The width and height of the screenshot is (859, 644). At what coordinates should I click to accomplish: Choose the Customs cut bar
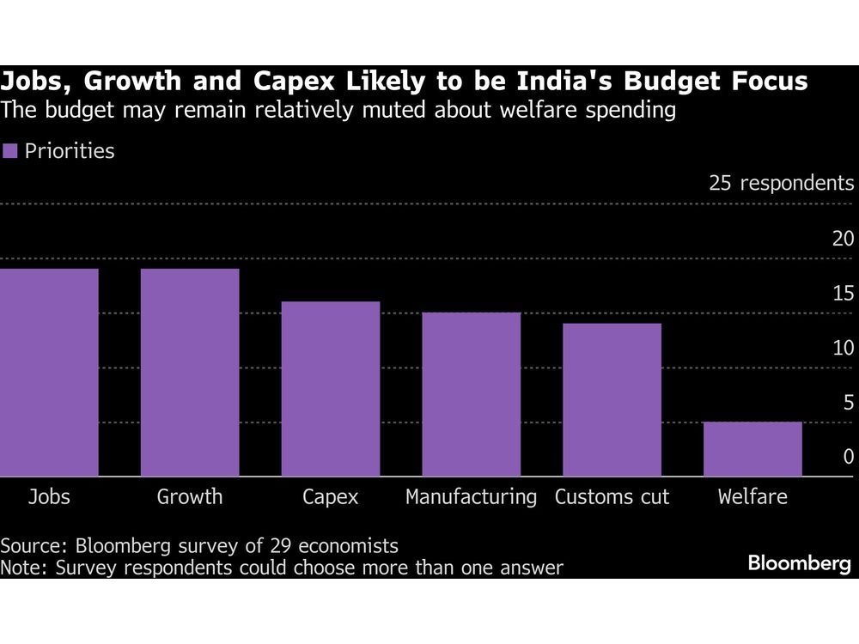pos(612,399)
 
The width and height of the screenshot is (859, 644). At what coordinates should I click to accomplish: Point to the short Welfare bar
pos(752,448)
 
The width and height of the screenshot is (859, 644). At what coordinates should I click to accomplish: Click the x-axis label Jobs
pos(49,496)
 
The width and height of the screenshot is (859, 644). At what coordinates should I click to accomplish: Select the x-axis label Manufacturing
pos(471,496)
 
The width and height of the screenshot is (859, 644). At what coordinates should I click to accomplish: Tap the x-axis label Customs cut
pos(612,496)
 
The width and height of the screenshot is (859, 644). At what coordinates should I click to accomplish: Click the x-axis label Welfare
pos(752,496)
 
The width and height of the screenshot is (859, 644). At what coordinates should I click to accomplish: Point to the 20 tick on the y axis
pos(844,238)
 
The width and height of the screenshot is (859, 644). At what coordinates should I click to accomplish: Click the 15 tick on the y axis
pos(844,293)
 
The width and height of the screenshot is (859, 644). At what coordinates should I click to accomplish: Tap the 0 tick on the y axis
pos(849,457)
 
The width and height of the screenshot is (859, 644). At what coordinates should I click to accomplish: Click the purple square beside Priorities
pos(10,152)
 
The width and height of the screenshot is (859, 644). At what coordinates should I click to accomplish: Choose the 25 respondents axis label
pos(781,183)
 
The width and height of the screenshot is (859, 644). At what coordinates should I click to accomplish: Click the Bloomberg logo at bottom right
pos(799,564)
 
